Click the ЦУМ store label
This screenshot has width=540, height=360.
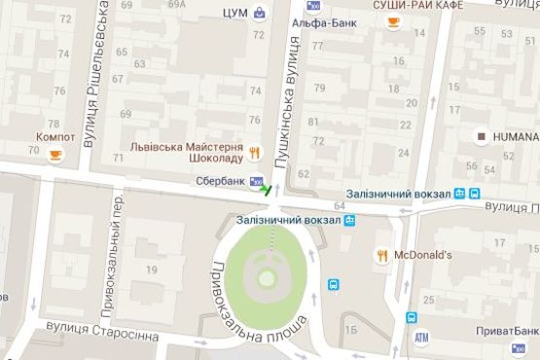[x=234, y=13]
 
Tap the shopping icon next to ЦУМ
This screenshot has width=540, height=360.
[x=260, y=13]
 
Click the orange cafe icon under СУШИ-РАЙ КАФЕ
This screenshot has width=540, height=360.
[x=393, y=22]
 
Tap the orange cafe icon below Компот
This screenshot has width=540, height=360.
[x=55, y=154]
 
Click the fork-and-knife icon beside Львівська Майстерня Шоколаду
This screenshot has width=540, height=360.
[x=254, y=152]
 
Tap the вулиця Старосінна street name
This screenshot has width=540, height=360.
[x=106, y=335]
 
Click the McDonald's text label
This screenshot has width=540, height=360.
[x=424, y=256]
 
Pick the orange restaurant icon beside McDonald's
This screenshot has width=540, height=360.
[x=381, y=256]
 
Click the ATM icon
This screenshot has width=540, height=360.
[x=421, y=338]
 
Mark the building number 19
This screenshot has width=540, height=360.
[x=152, y=269]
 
